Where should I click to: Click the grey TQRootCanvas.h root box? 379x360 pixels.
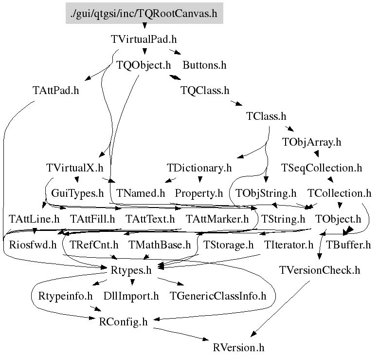click(144, 13)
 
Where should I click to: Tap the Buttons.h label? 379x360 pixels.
click(204, 64)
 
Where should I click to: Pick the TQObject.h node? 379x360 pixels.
click(144, 64)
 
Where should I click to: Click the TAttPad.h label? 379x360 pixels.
click(56, 91)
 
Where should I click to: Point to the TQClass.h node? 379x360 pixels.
click(204, 91)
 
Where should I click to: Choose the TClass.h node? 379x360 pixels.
click(267, 116)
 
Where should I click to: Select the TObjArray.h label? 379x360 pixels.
click(312, 142)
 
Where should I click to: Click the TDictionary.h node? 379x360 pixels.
click(199, 168)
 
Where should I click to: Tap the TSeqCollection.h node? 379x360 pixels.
click(322, 168)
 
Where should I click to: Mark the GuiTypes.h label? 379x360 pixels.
click(77, 193)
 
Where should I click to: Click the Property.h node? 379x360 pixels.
click(199, 193)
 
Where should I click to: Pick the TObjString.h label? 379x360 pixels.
click(266, 193)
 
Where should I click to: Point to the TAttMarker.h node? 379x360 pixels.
click(217, 219)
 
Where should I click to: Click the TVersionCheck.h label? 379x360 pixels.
click(320, 270)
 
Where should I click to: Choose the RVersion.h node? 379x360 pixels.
click(239, 347)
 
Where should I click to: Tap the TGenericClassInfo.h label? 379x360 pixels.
click(218, 296)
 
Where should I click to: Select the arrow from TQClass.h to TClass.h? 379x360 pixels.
click(235, 103)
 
